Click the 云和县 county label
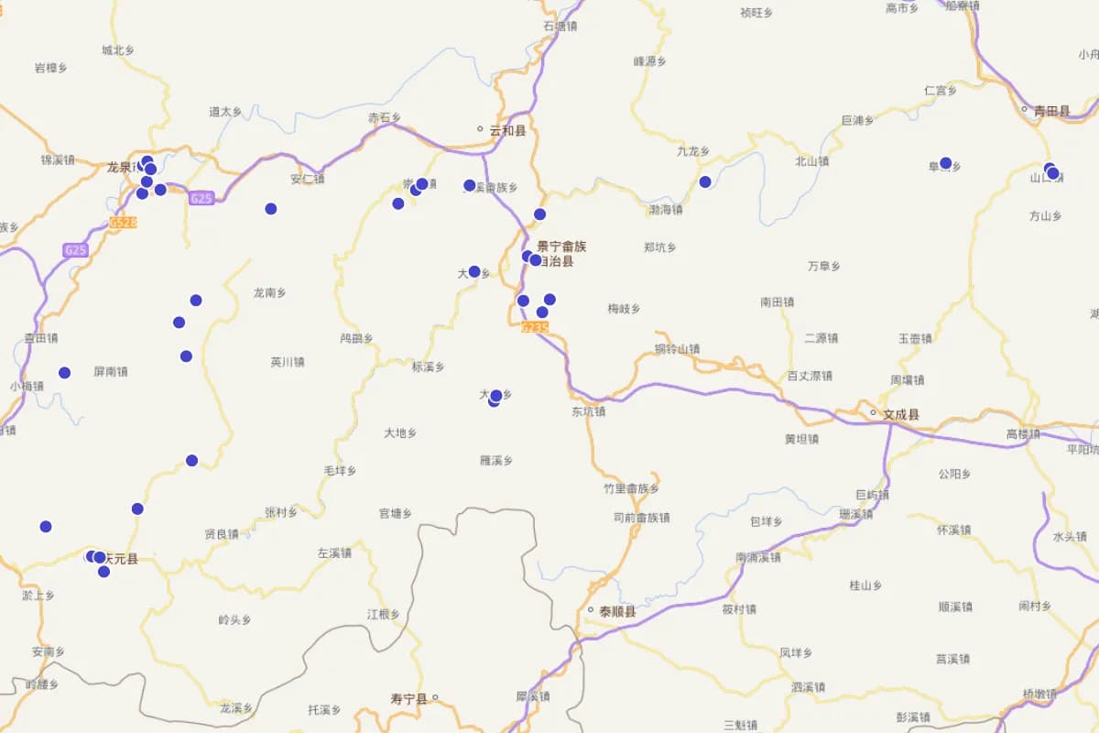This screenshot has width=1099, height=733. (x=507, y=131)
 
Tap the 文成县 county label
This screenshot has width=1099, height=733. (x=901, y=414)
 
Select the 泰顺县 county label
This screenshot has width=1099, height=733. (x=617, y=611)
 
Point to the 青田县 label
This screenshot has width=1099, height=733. (x=1051, y=111)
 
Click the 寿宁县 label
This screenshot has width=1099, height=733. (x=408, y=698)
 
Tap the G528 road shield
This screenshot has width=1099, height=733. (x=123, y=223)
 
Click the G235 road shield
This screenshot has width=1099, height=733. (x=535, y=327)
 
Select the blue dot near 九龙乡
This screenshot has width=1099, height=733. (x=705, y=181)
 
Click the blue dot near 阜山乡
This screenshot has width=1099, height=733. (x=946, y=163)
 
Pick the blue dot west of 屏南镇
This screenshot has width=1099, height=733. (x=64, y=372)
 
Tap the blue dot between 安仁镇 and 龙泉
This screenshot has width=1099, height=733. (x=271, y=209)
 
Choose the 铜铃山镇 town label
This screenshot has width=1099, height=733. (x=677, y=349)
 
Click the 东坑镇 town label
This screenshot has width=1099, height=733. (x=588, y=411)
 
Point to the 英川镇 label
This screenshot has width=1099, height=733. (x=288, y=362)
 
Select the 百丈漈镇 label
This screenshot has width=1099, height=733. (x=810, y=376)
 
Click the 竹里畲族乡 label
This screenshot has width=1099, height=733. (x=631, y=488)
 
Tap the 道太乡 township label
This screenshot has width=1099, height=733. (x=225, y=112)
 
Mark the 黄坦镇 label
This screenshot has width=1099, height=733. (x=802, y=439)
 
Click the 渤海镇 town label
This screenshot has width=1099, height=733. (x=666, y=210)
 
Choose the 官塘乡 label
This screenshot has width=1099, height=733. (x=396, y=513)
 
